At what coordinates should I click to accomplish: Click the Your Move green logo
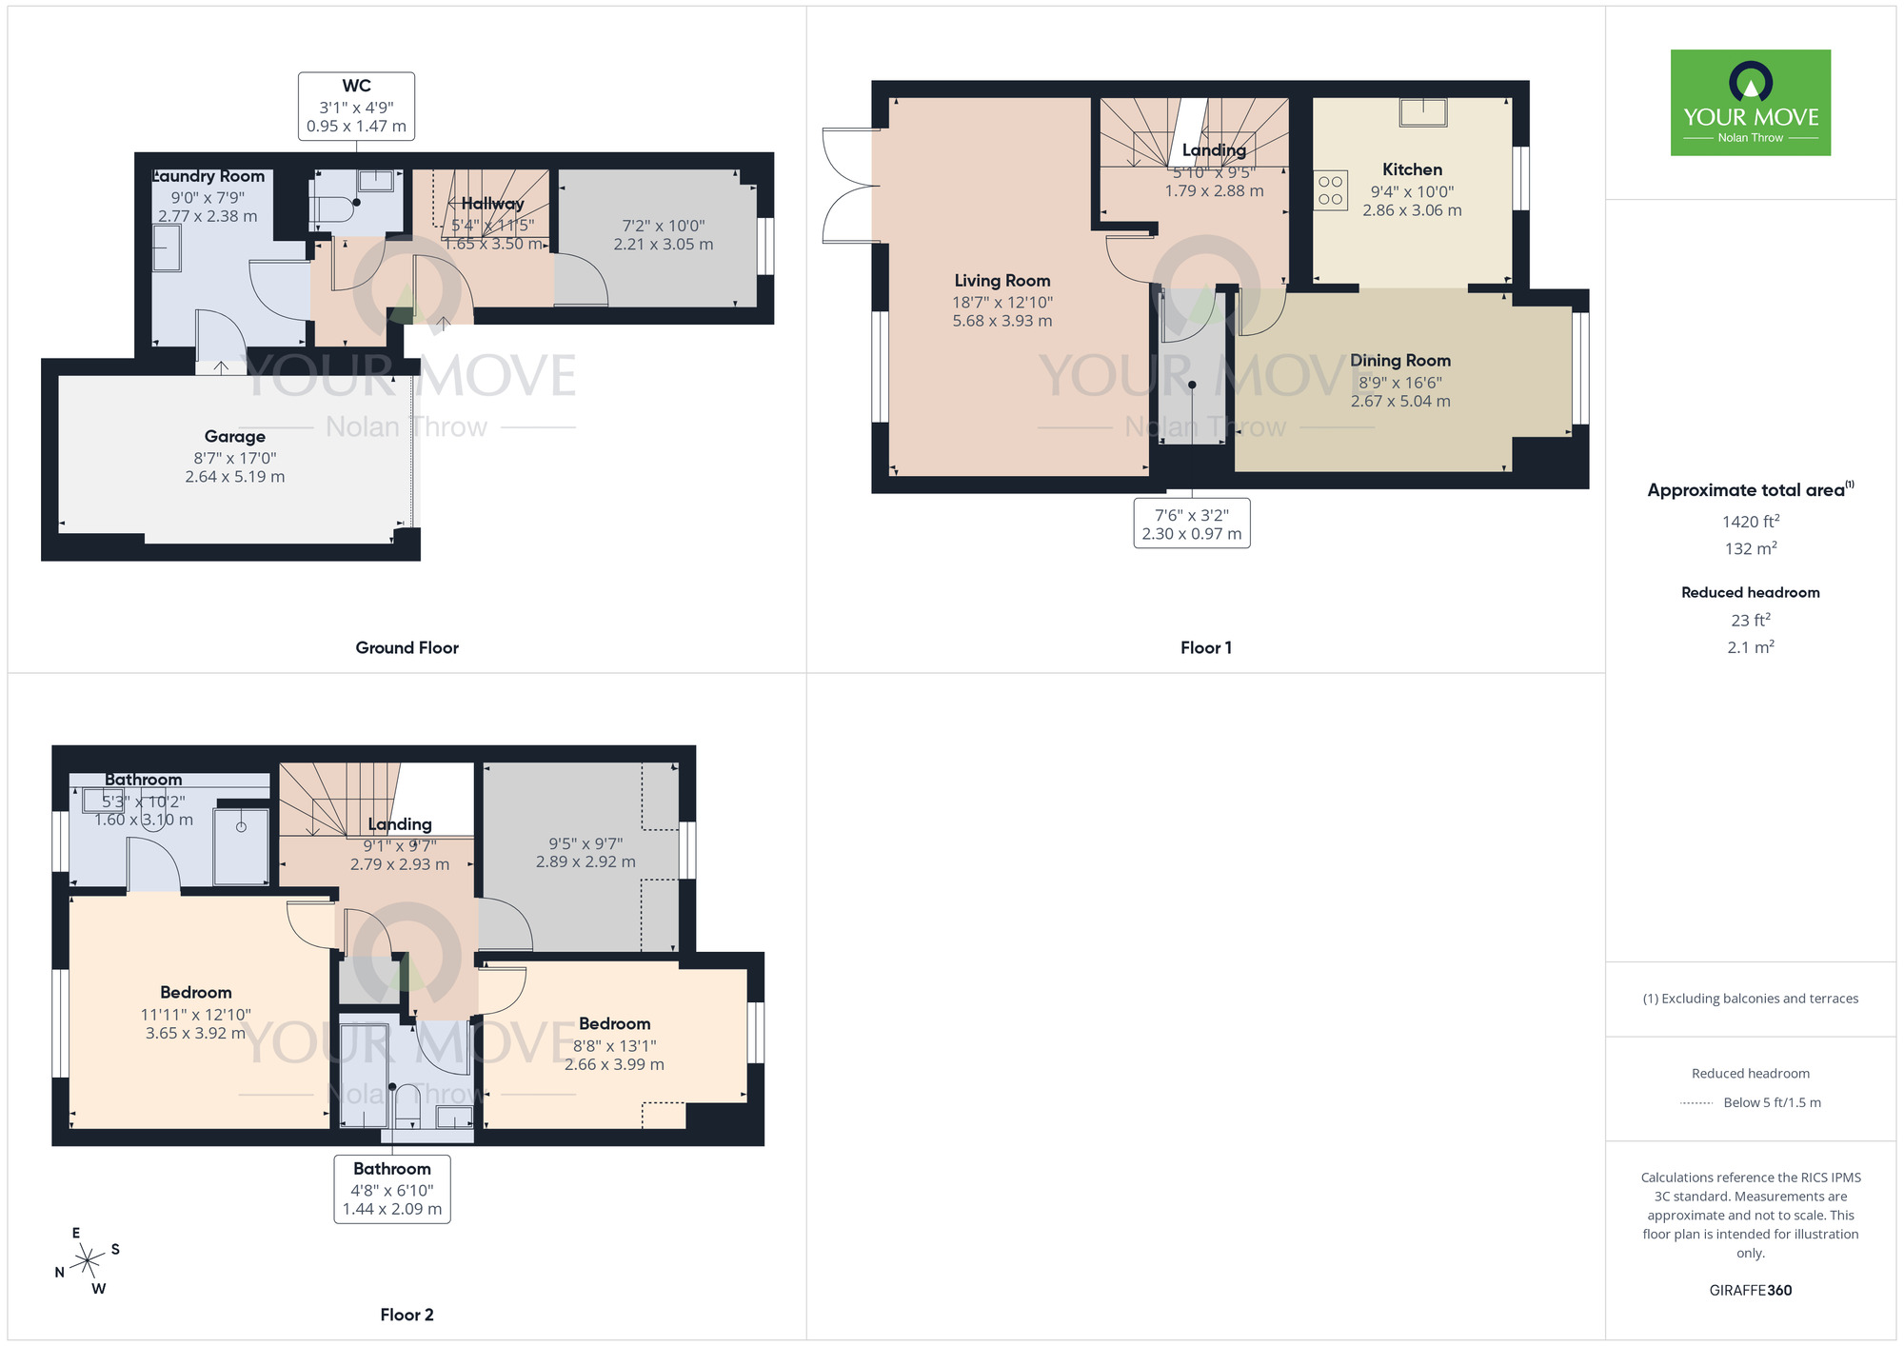tap(1750, 103)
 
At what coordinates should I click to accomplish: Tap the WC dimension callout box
tap(356, 107)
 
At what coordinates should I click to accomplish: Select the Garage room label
tap(234, 437)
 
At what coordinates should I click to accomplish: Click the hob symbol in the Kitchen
tap(1330, 190)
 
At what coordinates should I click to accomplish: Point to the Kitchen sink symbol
tap(1422, 113)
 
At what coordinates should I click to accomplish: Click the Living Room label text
tap(1002, 281)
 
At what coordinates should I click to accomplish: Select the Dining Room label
tap(1399, 361)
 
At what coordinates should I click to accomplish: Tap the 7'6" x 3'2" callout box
tap(1191, 524)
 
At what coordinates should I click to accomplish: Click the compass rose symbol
tap(88, 1261)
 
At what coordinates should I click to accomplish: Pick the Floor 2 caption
tap(407, 1315)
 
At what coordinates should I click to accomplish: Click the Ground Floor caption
tap(407, 648)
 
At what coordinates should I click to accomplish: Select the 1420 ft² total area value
tap(1750, 522)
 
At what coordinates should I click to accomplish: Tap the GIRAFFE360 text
tap(1750, 1291)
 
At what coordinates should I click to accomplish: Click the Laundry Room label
tap(209, 176)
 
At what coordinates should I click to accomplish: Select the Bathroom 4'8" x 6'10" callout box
tap(391, 1189)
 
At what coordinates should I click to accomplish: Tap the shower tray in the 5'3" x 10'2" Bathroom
tap(241, 845)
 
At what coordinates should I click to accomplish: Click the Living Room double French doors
tap(847, 186)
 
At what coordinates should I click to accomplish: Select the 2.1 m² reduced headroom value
tap(1750, 647)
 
